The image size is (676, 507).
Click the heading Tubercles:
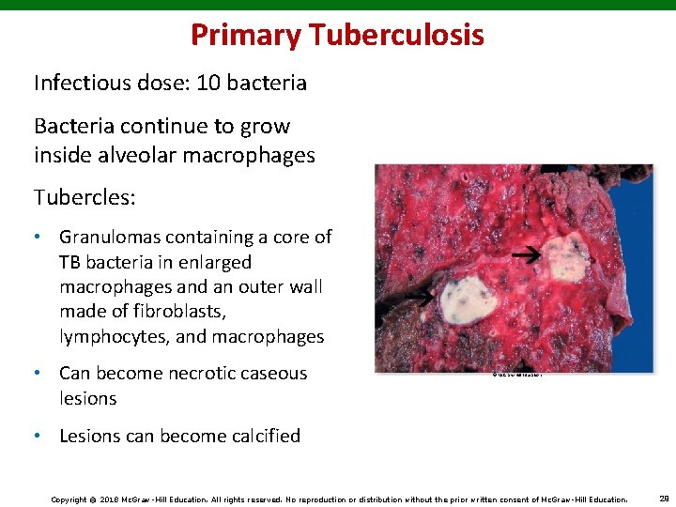click(84, 197)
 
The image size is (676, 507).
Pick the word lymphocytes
click(111, 336)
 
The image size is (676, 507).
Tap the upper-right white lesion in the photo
click(568, 257)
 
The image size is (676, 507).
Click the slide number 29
click(663, 499)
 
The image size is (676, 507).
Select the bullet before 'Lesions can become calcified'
click(40, 436)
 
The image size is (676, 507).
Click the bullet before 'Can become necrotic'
click(40, 373)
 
